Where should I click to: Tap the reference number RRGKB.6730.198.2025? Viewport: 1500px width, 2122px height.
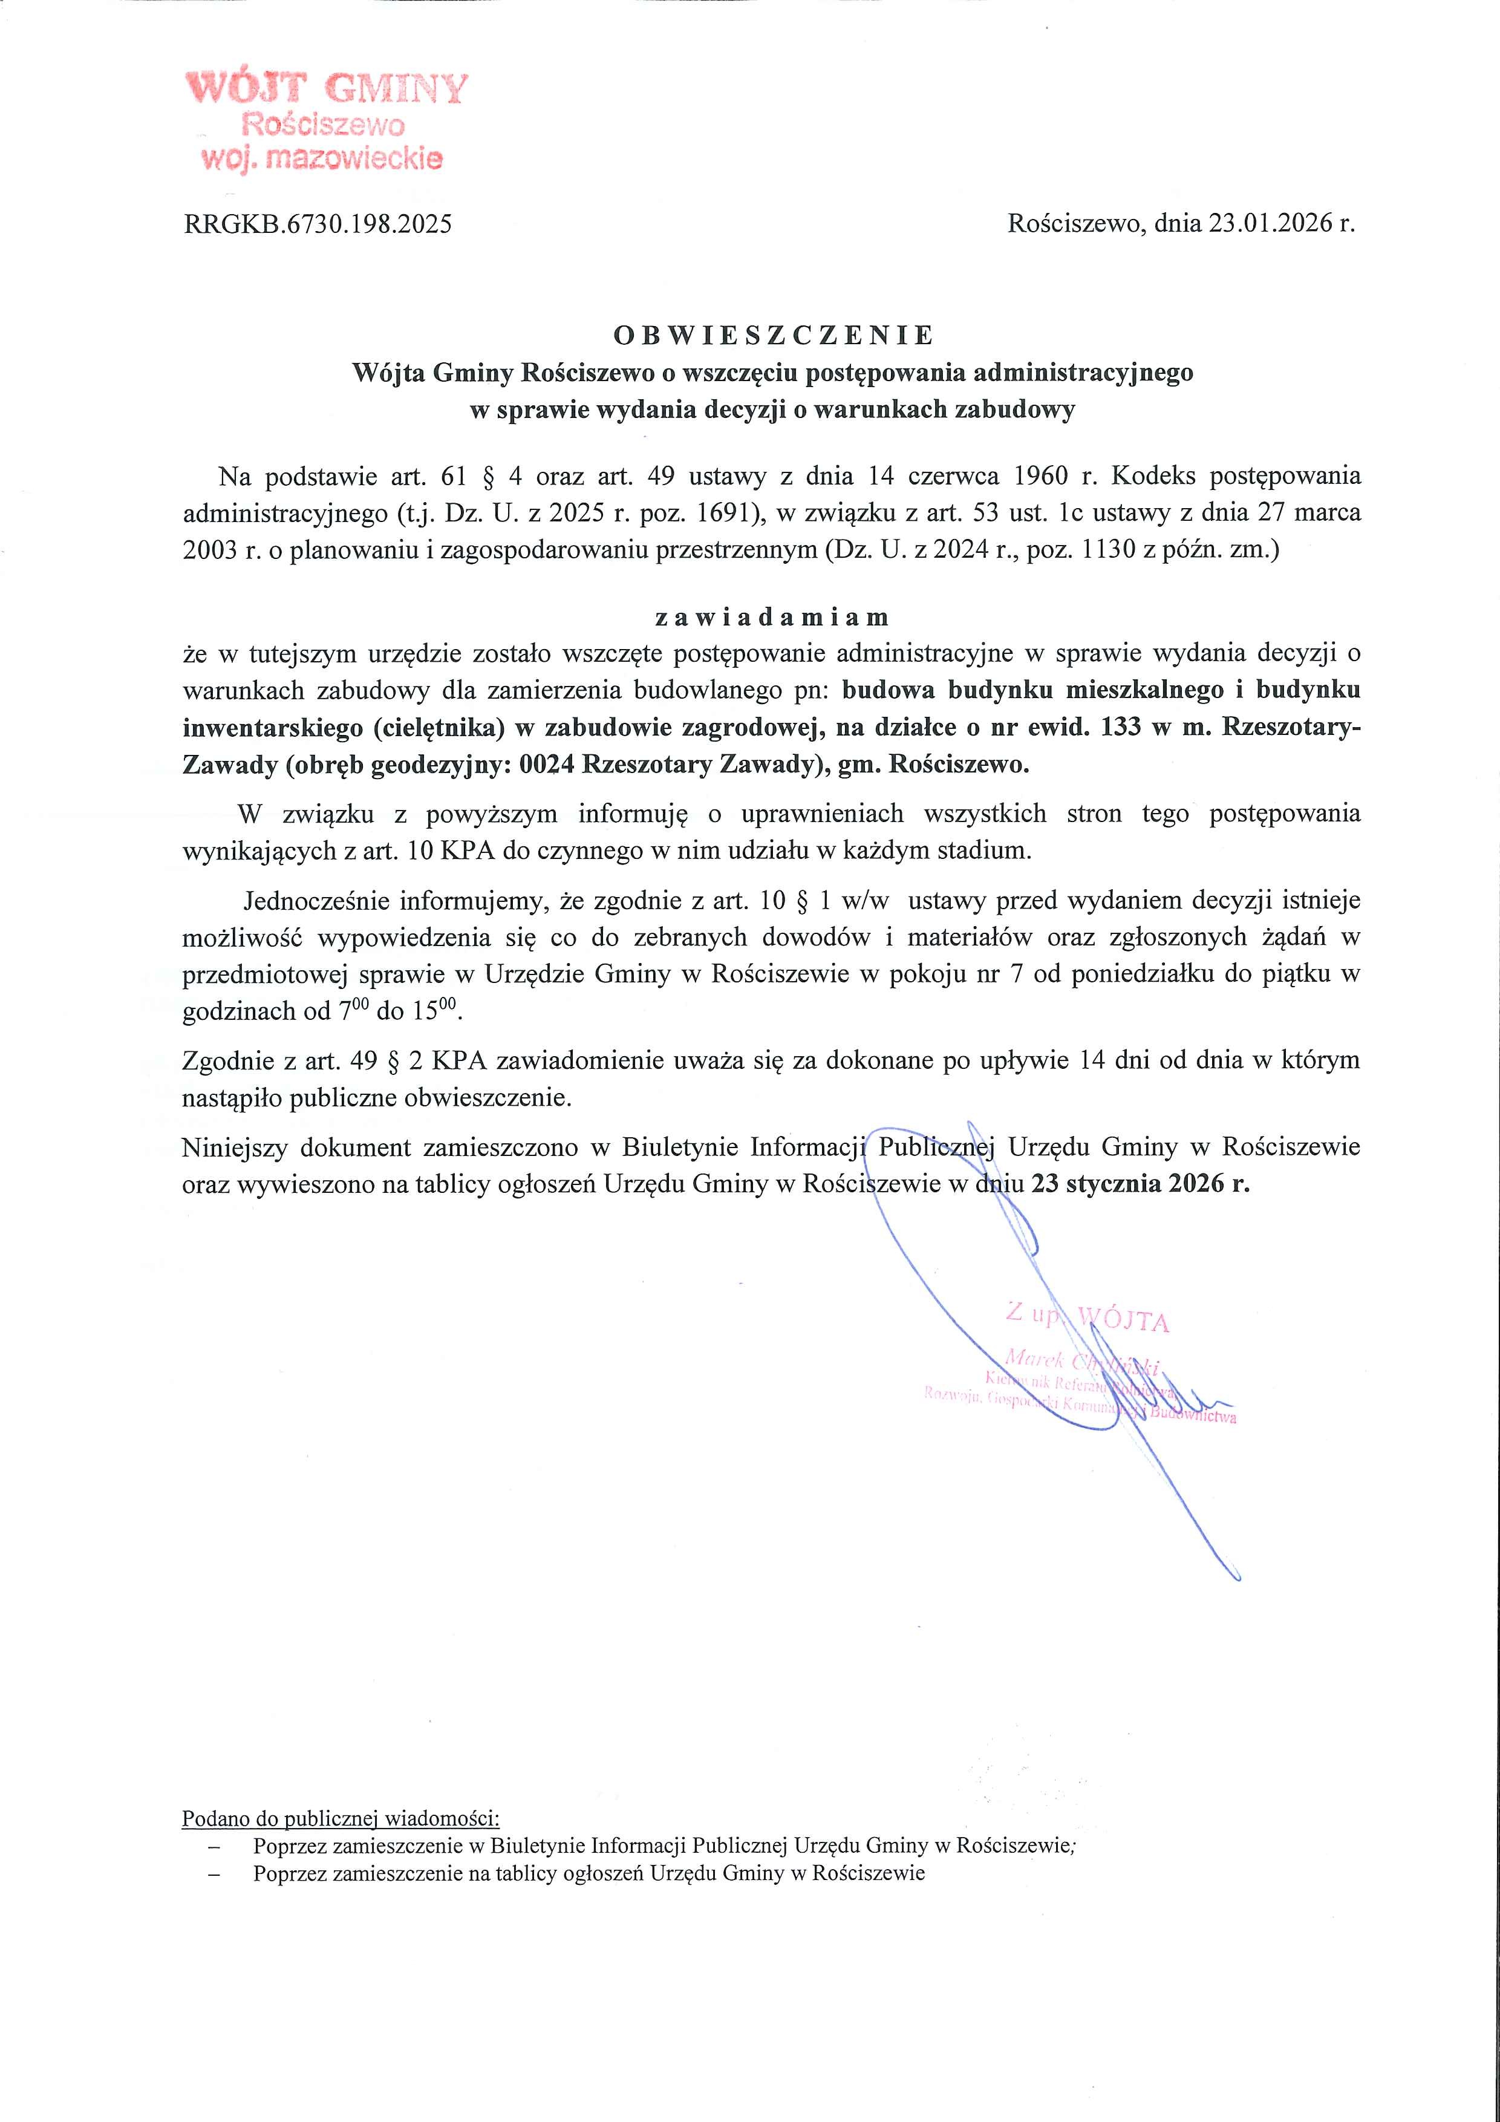click(318, 224)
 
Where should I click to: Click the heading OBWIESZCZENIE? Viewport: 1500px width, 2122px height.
click(774, 335)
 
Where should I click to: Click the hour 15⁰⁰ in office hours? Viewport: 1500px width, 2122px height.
click(434, 1010)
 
